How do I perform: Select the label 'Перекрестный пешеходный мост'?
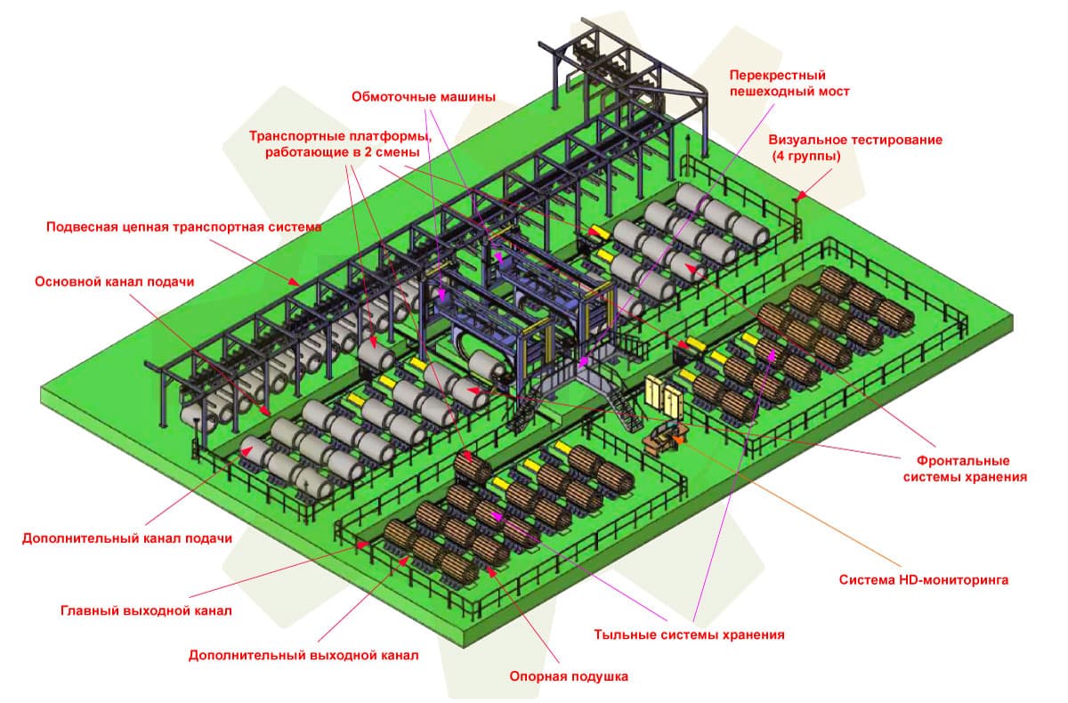coord(789,83)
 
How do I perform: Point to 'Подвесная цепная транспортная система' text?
coord(183,227)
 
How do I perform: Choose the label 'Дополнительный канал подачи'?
coord(127,538)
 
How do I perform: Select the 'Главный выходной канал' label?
coord(146,611)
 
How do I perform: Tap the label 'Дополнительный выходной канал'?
coord(303,656)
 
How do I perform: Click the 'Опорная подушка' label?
coord(569,676)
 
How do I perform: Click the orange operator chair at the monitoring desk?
coord(680,438)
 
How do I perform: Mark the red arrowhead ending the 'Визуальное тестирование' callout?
coord(799,198)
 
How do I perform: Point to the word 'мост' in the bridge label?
coord(834,91)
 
